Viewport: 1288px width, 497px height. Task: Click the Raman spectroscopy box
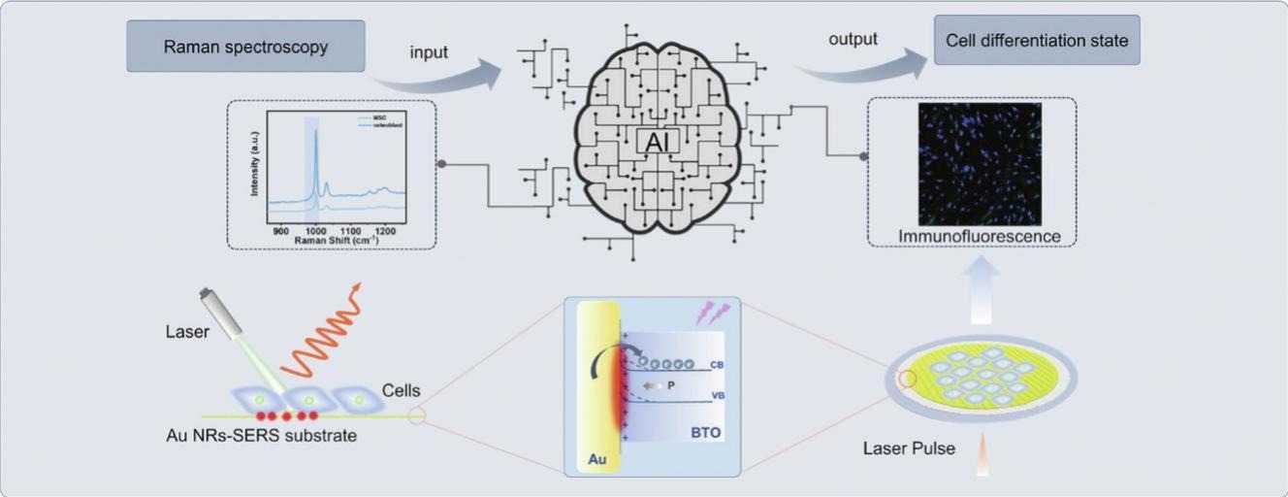(245, 47)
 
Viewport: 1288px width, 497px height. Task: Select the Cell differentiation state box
(1036, 42)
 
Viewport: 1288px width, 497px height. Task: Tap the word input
(429, 52)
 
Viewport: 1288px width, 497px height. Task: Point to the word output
(853, 40)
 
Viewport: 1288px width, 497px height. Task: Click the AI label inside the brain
(658, 142)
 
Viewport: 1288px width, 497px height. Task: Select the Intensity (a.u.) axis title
(255, 170)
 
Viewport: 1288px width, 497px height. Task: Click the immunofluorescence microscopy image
(980, 163)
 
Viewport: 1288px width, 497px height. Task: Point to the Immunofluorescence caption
(979, 236)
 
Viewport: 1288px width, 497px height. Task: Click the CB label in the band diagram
(715, 365)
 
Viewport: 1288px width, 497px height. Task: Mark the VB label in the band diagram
(715, 396)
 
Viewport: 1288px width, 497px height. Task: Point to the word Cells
(402, 390)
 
